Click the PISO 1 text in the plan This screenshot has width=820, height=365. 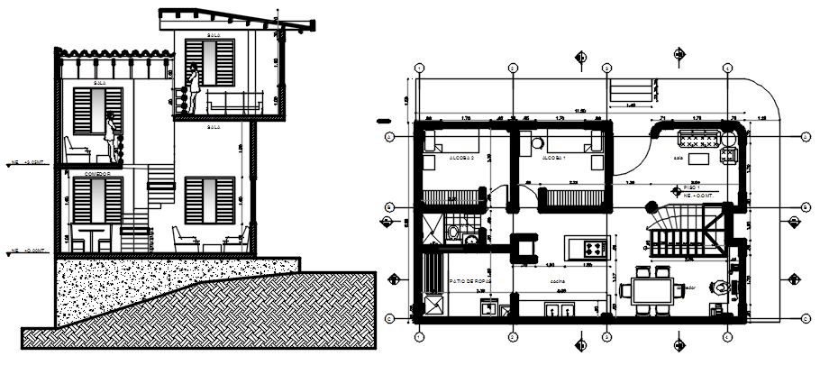[x=693, y=187]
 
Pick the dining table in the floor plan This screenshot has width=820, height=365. [x=651, y=289]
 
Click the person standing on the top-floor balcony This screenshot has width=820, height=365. [x=192, y=90]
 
